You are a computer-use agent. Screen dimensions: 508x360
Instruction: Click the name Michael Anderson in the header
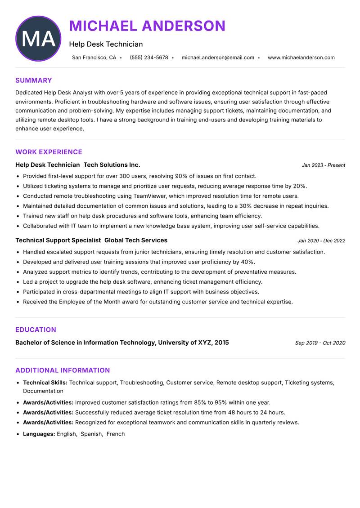point(147,26)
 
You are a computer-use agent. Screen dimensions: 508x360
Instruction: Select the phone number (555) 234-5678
point(148,58)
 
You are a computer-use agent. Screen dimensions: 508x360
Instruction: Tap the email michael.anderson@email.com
point(218,58)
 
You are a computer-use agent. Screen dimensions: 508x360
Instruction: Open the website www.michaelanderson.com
point(301,58)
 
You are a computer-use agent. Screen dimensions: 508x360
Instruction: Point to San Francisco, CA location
point(94,58)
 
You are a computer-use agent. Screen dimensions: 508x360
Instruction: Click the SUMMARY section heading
point(34,80)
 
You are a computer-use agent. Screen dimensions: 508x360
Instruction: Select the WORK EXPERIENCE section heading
point(49,152)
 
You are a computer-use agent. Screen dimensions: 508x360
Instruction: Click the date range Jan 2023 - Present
point(323,165)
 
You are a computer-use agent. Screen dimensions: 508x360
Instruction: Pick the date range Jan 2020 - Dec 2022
point(321,241)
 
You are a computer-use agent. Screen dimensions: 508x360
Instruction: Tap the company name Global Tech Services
point(136,241)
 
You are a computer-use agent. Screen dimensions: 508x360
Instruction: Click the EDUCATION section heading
point(36,330)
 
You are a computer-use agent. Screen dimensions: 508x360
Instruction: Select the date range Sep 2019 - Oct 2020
point(320,343)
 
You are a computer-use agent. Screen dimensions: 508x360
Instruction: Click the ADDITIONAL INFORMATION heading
point(63,370)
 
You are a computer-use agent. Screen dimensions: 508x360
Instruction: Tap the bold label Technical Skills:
point(45,383)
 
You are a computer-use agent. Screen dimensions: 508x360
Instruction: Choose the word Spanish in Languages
point(91,434)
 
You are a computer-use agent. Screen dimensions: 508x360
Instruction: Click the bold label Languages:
point(39,434)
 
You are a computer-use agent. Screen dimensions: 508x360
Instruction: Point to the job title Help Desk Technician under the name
point(106,44)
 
